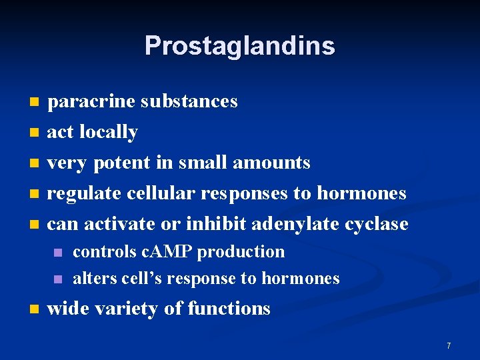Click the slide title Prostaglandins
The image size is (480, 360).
click(x=239, y=46)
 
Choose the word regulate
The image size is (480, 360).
click(x=84, y=193)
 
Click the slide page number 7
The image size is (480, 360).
click(x=449, y=345)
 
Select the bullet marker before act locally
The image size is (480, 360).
click(x=35, y=133)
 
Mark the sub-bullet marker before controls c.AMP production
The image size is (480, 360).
click(x=59, y=253)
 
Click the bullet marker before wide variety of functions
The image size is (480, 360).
click(x=35, y=309)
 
